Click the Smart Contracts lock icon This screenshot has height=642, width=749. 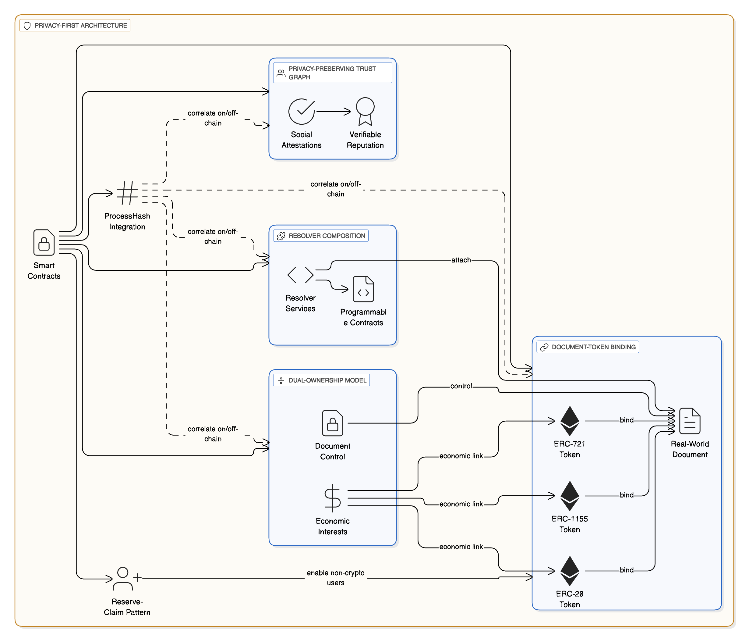[x=44, y=242]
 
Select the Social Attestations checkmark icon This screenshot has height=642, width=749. [x=301, y=111]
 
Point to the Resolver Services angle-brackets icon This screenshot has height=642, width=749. [x=300, y=275]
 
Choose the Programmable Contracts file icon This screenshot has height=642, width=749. [x=363, y=289]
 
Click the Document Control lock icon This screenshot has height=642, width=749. [x=333, y=423]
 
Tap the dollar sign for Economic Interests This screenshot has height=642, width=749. [x=333, y=498]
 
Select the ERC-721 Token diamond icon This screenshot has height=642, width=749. [x=570, y=421]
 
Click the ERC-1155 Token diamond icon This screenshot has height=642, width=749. [x=570, y=495]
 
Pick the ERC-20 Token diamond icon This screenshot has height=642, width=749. [x=570, y=571]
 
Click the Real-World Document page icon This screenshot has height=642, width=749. [x=690, y=421]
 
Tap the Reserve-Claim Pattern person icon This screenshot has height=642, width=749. [x=123, y=579]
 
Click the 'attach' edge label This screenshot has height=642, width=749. [x=461, y=260]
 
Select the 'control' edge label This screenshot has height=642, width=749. [x=461, y=386]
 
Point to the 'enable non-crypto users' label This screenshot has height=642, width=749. [x=335, y=578]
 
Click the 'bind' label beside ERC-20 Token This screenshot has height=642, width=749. [x=627, y=570]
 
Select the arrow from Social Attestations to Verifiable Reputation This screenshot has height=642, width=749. [x=333, y=112]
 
